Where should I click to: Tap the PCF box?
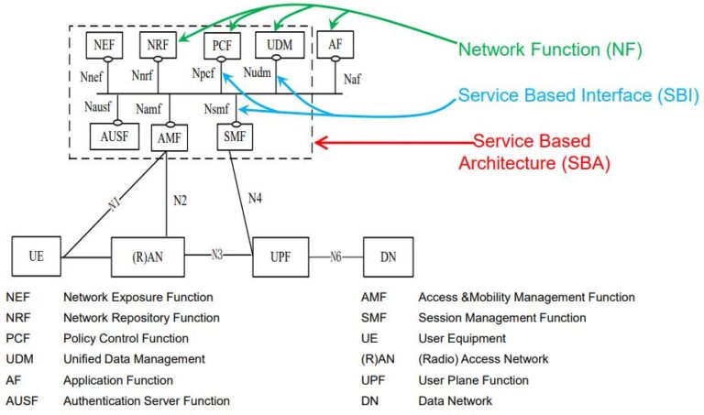click(221, 43)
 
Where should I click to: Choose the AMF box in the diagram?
click(168, 138)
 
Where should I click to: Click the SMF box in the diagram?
click(234, 137)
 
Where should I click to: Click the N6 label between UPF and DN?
click(336, 256)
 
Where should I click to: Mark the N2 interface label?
click(181, 201)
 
